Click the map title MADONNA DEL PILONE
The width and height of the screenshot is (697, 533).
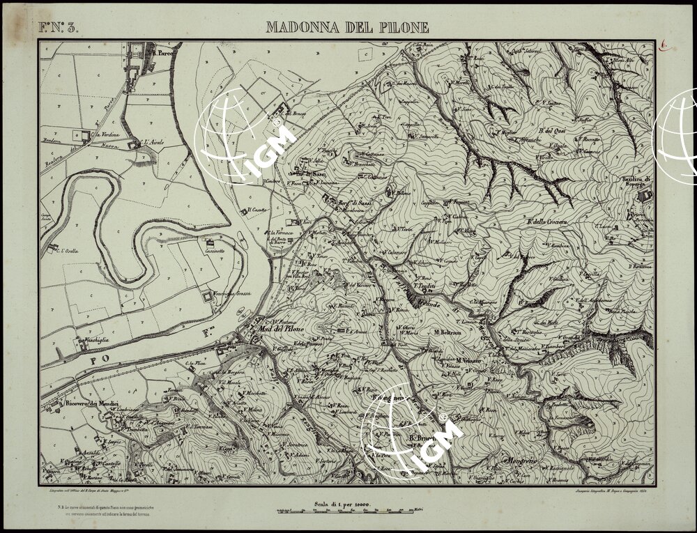pos(347,28)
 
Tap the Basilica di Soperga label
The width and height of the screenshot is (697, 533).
pos(636,183)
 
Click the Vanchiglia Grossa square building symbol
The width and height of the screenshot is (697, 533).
pos(207,298)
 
